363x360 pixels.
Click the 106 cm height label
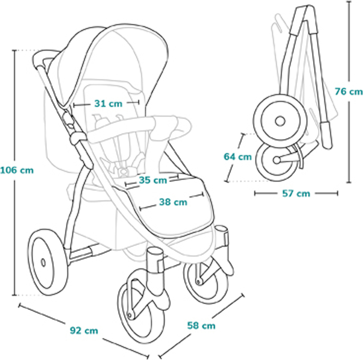[17, 171]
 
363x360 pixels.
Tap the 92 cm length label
[84, 330]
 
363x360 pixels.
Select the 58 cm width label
[201, 325]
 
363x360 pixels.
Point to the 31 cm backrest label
[108, 104]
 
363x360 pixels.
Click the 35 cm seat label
[153, 180]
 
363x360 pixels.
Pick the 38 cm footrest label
[173, 202]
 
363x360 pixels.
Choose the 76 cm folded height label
[348, 92]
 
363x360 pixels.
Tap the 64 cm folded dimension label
[237, 157]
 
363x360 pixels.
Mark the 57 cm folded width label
[296, 193]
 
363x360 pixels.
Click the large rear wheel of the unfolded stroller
[48, 262]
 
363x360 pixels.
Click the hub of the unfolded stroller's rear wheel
[43, 263]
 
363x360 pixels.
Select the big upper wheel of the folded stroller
[280, 121]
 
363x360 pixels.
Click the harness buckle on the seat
[124, 172]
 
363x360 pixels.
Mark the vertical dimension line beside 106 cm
[15, 173]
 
